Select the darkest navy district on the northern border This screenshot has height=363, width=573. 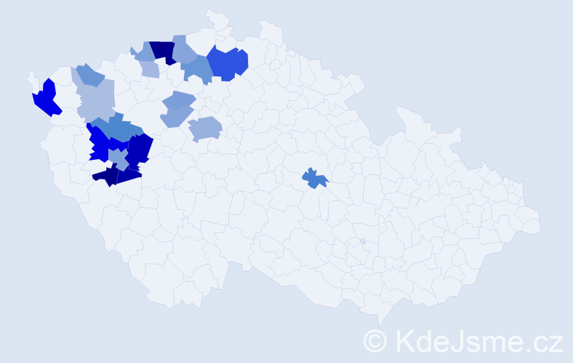pyautogui.click(x=164, y=52)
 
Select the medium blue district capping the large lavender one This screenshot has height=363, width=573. pyautogui.click(x=89, y=74)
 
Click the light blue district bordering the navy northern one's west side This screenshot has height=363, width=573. pyautogui.click(x=144, y=52)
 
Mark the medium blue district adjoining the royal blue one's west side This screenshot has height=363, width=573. pyautogui.click(x=197, y=68)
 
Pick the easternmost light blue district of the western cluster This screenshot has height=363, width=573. pyautogui.click(x=204, y=129)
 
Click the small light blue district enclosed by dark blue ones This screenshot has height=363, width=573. pyautogui.click(x=117, y=155)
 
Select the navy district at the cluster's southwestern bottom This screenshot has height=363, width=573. pyautogui.click(x=106, y=176)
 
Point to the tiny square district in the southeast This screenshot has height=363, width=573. pyautogui.click(x=362, y=241)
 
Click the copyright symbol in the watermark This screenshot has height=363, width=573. pyautogui.click(x=376, y=340)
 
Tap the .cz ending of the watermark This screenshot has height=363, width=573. pyautogui.click(x=542, y=340)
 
